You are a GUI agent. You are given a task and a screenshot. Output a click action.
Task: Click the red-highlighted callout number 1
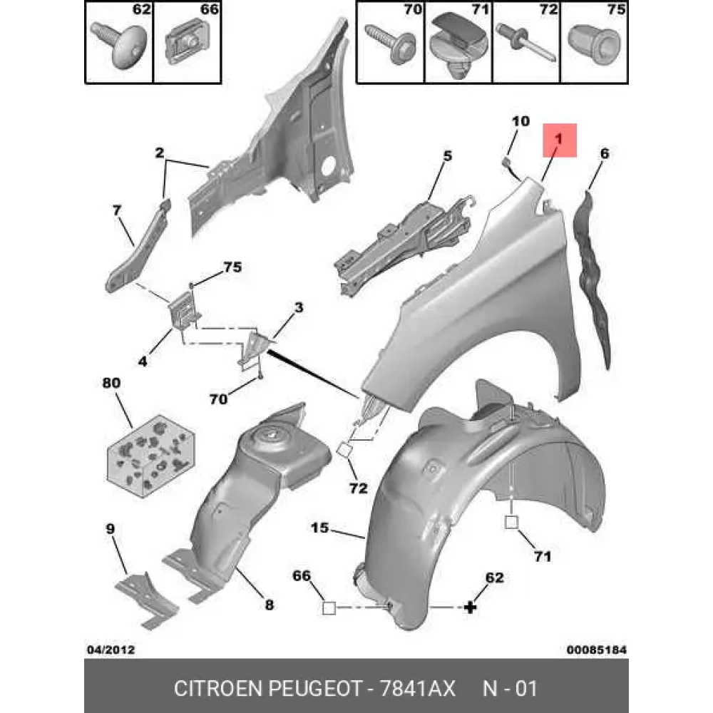[558, 139]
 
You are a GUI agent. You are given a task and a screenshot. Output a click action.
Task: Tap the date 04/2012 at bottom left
[111, 650]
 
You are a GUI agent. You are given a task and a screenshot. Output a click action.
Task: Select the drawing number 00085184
[597, 650]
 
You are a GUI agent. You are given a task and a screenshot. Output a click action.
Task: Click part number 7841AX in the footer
[417, 689]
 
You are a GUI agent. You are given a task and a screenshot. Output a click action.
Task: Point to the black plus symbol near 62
[470, 607]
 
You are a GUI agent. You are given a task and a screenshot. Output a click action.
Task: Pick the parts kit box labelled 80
[151, 456]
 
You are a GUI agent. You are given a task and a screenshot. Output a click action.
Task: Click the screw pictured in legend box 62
[120, 44]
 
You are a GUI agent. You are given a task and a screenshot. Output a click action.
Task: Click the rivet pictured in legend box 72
[526, 43]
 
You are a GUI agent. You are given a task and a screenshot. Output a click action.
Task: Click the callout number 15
[319, 528]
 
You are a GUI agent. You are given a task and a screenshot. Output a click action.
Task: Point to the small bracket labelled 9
[146, 600]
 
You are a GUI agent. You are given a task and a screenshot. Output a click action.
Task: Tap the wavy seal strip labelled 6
[593, 277]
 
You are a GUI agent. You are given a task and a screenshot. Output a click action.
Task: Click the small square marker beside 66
[329, 608]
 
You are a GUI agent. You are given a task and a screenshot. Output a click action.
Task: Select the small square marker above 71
[511, 523]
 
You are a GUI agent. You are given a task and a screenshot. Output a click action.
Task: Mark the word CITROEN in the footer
[218, 689]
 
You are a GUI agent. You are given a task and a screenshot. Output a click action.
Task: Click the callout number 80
[111, 383]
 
